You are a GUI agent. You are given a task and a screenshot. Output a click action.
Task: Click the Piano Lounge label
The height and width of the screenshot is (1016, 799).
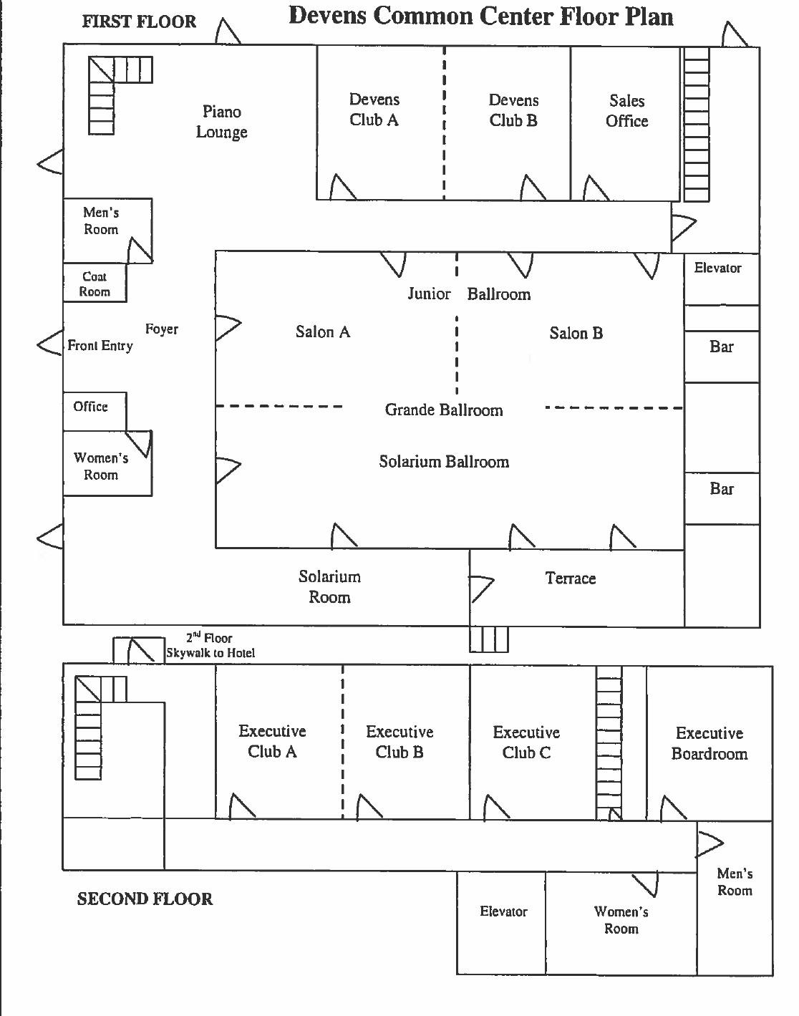(x=221, y=122)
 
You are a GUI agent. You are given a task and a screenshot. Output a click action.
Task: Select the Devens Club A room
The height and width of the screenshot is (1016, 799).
(x=381, y=122)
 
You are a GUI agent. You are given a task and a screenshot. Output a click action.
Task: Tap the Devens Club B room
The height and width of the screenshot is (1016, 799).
(x=507, y=123)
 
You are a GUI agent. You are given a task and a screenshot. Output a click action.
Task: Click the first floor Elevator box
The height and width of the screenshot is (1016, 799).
(x=722, y=279)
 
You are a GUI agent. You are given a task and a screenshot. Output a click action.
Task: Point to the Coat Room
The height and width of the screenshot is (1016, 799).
(x=95, y=282)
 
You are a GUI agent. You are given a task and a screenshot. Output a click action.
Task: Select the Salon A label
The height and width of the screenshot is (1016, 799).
(x=323, y=332)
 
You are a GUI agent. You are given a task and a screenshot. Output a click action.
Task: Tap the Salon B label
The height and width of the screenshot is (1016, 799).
(x=576, y=334)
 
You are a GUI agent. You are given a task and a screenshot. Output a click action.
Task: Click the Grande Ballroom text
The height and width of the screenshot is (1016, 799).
(x=444, y=410)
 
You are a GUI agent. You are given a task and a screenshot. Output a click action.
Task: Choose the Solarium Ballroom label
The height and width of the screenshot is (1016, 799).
(x=444, y=461)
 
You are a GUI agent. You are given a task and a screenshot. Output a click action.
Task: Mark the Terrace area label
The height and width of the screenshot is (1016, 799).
(x=571, y=579)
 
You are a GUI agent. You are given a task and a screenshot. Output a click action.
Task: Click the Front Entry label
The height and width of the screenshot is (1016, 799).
(x=100, y=346)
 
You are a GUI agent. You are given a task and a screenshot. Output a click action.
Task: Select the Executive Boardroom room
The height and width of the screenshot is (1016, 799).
(x=710, y=744)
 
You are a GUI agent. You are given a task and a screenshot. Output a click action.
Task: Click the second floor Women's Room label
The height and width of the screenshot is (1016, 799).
(x=621, y=920)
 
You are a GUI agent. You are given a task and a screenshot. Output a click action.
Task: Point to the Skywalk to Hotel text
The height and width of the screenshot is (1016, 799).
(x=210, y=653)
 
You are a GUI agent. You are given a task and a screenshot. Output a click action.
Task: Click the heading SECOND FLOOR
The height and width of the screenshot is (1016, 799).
(x=145, y=899)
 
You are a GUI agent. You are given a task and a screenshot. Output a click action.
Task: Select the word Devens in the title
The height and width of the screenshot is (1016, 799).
(x=328, y=16)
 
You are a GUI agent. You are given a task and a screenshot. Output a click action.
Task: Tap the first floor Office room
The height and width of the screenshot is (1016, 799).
(x=95, y=411)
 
